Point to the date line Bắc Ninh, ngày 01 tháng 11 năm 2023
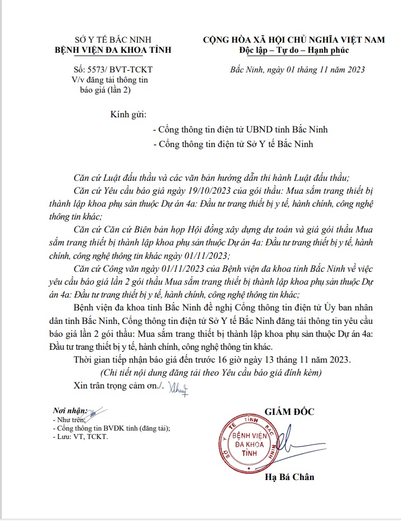[298, 70]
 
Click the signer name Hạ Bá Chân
[289, 477]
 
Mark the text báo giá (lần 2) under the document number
[105, 90]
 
